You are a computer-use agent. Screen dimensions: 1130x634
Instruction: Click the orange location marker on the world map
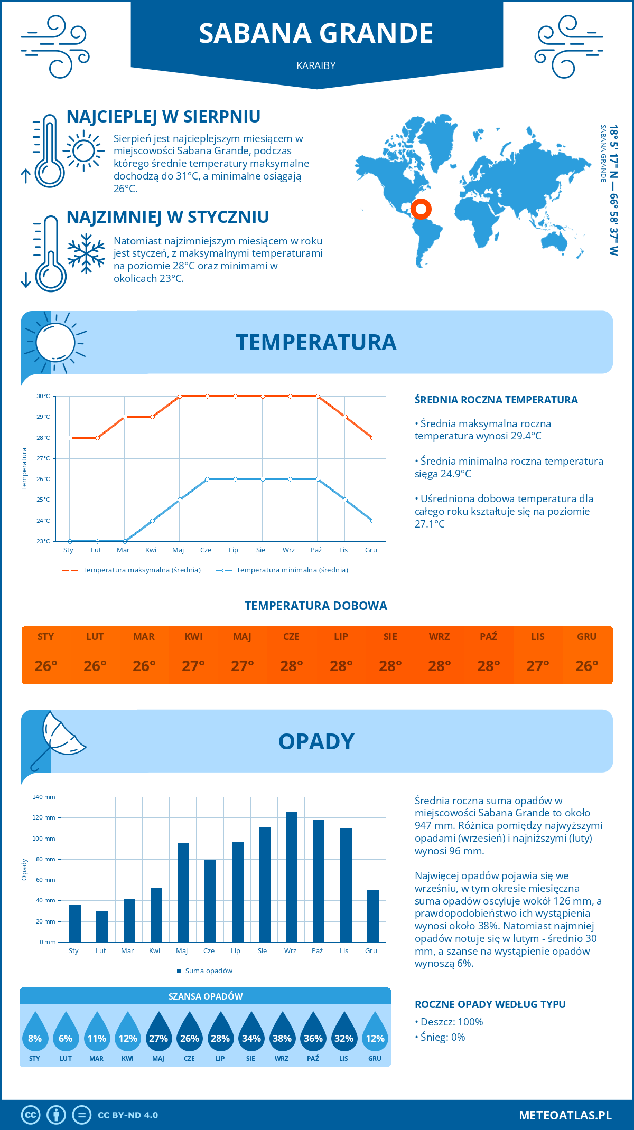tap(421, 209)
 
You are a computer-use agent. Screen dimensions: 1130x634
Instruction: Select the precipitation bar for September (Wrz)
tap(292, 877)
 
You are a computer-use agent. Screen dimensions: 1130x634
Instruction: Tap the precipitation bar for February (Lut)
tap(102, 926)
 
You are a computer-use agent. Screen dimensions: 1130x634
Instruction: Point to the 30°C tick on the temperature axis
tap(43, 396)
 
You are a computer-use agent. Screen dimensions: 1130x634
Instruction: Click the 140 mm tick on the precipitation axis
tap(44, 797)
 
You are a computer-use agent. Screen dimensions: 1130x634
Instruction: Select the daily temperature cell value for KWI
tap(193, 666)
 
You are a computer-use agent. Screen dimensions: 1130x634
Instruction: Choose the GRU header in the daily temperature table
tap(586, 637)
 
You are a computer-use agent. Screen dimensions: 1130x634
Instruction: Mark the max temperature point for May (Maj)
tap(180, 396)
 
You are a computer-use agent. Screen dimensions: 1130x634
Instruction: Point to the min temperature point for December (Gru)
tap(372, 521)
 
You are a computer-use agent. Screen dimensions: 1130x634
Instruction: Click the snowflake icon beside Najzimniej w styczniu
tap(86, 254)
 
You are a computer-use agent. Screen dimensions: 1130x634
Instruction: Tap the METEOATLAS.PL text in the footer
tap(565, 1115)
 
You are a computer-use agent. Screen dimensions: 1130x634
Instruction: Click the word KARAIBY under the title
tap(316, 65)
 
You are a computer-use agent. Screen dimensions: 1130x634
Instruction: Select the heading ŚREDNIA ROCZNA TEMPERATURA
tap(496, 400)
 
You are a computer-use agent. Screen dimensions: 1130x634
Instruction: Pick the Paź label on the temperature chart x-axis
tap(316, 550)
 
